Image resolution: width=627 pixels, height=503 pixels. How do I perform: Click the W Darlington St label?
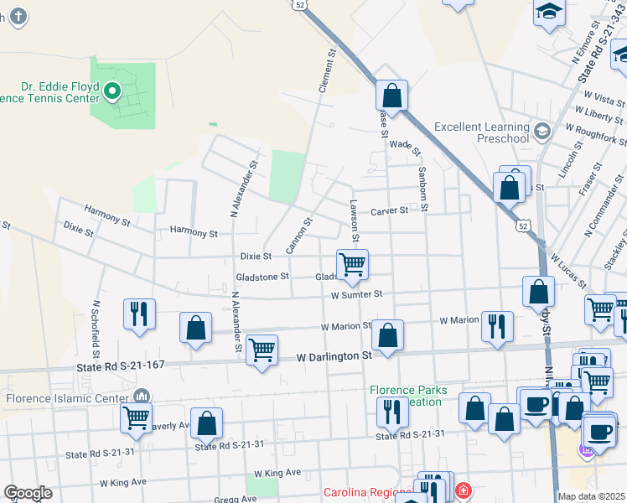point(334,357)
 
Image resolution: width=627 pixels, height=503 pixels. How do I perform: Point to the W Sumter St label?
point(355,294)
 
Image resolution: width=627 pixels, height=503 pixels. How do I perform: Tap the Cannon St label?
point(298,235)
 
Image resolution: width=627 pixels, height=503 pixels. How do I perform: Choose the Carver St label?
point(389,210)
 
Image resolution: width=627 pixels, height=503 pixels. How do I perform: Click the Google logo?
point(28,493)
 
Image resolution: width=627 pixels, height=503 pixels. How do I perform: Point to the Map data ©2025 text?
point(592,496)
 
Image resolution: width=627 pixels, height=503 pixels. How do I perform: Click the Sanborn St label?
point(422,173)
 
